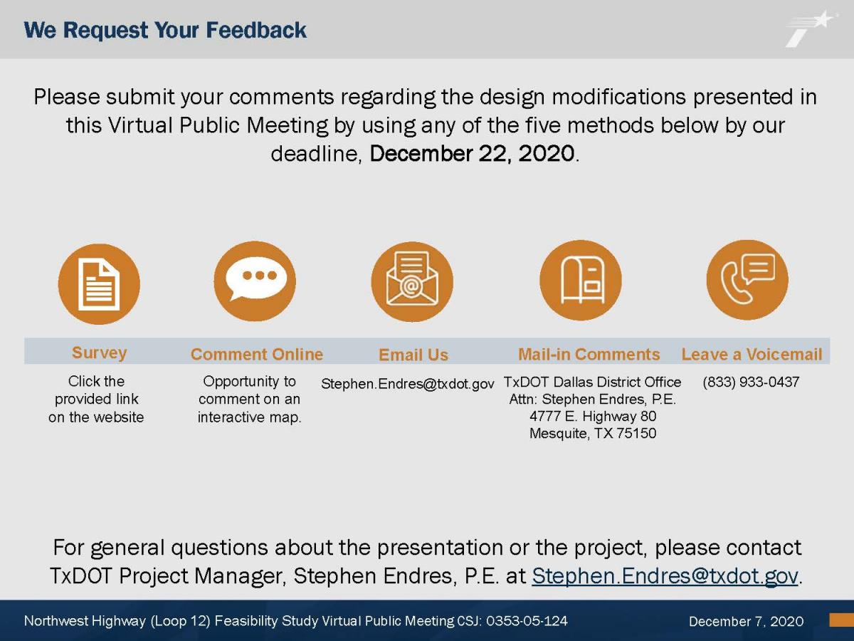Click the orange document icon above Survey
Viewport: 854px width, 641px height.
coord(99,283)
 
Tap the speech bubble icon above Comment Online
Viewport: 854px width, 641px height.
coord(255,281)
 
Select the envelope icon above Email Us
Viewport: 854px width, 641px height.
coord(412,281)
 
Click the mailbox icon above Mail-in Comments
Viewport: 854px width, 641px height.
coord(581,280)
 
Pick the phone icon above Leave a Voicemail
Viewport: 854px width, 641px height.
coord(747,280)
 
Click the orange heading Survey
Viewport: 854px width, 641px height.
coord(99,353)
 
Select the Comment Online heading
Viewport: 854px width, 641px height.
coord(257,354)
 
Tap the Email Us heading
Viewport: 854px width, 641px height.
coord(413,355)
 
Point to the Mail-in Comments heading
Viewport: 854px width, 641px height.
coord(589,354)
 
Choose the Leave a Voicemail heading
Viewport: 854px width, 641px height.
coord(752,354)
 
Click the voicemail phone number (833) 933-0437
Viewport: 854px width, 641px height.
coord(751,382)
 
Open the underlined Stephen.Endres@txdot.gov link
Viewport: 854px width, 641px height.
coord(665,575)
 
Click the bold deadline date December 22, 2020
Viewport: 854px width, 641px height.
coord(472,153)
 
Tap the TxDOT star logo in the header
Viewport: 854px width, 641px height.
coord(810,29)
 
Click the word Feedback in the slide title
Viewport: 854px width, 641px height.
coord(256,30)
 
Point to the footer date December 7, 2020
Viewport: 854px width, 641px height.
coord(747,621)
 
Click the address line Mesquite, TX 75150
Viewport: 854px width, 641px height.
coord(593,433)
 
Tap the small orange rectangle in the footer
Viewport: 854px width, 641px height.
coord(842,620)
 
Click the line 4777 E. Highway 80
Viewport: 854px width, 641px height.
coord(593,416)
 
